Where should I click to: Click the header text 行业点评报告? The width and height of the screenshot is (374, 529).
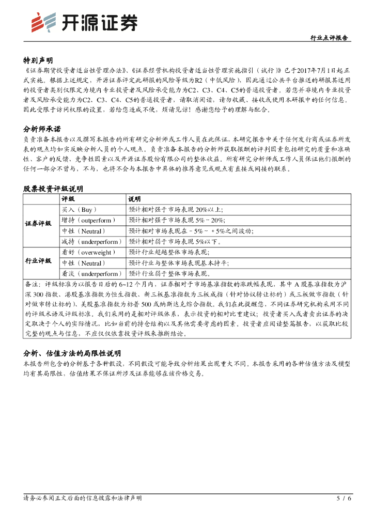[329, 38]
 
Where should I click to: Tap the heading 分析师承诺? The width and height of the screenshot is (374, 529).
[42, 129]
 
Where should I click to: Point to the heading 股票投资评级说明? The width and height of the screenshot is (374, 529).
[53, 189]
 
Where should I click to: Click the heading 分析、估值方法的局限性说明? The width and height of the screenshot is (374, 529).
[72, 353]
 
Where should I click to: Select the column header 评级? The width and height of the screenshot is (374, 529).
[68, 199]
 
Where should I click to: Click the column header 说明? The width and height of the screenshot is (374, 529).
[134, 199]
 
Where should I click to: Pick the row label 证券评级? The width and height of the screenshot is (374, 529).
[39, 224]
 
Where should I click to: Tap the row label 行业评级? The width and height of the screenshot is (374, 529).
[39, 261]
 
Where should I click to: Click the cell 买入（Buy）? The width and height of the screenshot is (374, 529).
[79, 210]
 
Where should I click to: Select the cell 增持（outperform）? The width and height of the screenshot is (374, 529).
[89, 220]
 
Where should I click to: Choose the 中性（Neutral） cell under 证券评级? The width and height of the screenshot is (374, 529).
[82, 230]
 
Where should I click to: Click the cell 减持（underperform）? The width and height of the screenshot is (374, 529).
[90, 241]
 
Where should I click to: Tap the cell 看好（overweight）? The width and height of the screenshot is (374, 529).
[88, 252]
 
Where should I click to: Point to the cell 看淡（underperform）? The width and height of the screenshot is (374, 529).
[90, 273]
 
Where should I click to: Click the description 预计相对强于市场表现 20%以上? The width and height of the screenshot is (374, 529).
[176, 210]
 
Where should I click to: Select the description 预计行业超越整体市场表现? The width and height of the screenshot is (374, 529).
[169, 252]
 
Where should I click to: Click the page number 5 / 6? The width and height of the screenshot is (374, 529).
[344, 499]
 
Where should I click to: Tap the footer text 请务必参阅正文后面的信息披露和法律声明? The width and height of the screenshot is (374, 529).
[83, 498]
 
